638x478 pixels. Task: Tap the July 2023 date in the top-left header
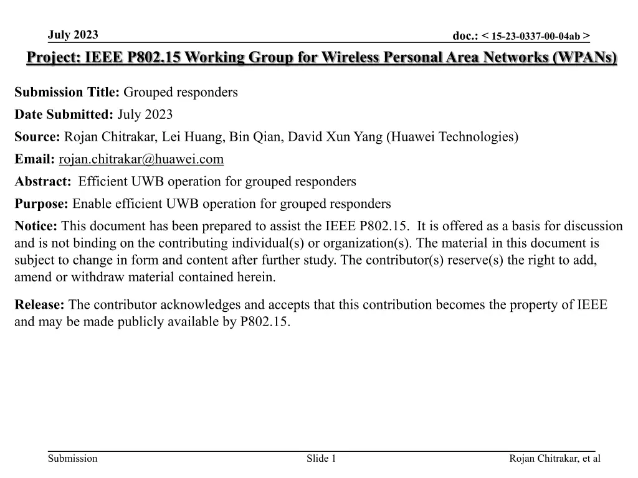[x=72, y=34]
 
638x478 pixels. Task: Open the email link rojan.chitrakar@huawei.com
[x=141, y=159]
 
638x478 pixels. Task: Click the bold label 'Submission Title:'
[x=67, y=93]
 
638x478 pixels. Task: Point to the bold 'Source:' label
[x=37, y=137]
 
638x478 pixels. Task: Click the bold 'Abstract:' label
[x=43, y=182]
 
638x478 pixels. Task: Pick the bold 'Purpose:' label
[x=42, y=204]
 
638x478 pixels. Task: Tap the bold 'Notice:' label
[x=36, y=226]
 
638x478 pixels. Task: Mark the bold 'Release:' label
[x=40, y=305]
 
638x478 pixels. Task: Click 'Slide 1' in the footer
[x=321, y=459]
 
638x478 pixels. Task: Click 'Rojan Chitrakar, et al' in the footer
[x=555, y=459]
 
